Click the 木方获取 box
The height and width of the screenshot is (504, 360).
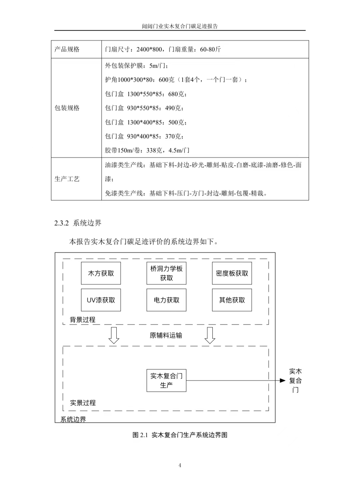pos(101,273)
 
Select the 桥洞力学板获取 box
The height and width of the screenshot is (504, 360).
pos(166,273)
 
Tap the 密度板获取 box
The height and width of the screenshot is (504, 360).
pos(232,273)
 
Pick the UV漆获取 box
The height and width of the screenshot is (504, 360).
pos(101,300)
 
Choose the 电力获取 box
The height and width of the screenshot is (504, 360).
pos(166,300)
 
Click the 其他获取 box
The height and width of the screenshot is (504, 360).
pos(232,300)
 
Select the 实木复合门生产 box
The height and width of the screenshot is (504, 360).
pos(166,380)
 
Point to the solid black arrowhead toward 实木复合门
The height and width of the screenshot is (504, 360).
pos(283,380)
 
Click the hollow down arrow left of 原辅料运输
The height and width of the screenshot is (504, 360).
pos(114,335)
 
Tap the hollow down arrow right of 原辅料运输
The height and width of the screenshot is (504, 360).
pos(210,335)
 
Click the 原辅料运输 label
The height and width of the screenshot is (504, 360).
pos(166,335)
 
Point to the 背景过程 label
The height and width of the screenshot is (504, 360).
pos(83,319)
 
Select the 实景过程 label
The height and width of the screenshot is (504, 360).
pos(83,403)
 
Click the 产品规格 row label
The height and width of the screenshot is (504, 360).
pos(67,49)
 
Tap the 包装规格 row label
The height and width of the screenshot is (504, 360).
pos(67,108)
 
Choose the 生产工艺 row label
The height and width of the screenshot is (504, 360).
pos(67,179)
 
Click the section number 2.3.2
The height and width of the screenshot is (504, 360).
pos(61,223)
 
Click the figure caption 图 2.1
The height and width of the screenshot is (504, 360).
pos(140,435)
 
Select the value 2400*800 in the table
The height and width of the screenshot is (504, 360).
pos(149,49)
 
